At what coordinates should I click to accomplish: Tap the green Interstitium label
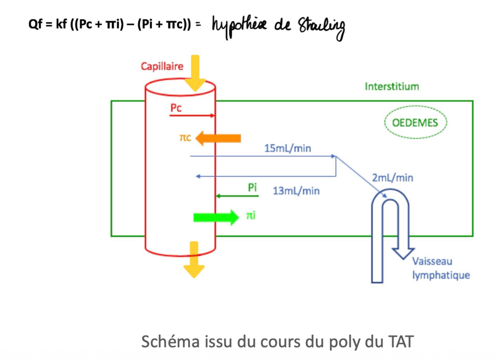pyautogui.click(x=392, y=87)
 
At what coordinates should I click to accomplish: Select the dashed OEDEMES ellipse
pyautogui.click(x=415, y=122)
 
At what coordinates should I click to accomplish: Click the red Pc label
pyautogui.click(x=176, y=107)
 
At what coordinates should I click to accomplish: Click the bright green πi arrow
pyautogui.click(x=216, y=217)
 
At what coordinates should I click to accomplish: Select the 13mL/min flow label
pyautogui.click(x=296, y=191)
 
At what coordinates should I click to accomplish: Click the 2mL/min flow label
pyautogui.click(x=392, y=178)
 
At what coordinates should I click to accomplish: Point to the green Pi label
pyautogui.click(x=252, y=188)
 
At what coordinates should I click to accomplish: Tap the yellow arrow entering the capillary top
pyautogui.click(x=196, y=72)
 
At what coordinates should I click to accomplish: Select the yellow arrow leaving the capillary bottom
pyautogui.click(x=194, y=260)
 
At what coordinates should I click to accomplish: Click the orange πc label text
pyautogui.click(x=186, y=138)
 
